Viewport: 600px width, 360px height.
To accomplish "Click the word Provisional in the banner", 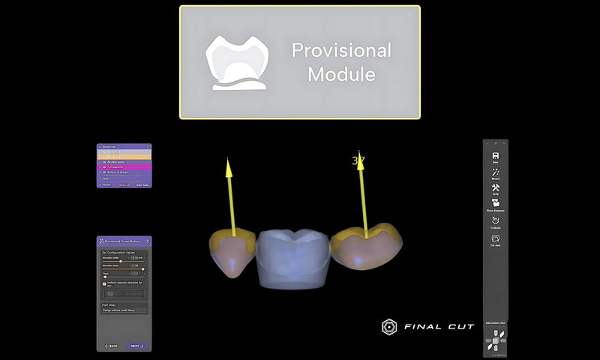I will (x=341, y=51).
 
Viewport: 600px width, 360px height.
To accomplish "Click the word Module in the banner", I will (x=341, y=75).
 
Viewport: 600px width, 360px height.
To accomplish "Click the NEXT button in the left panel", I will (x=136, y=346).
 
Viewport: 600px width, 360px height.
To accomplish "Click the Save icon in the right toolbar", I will (x=496, y=157).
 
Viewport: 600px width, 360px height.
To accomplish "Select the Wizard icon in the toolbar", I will (x=496, y=173).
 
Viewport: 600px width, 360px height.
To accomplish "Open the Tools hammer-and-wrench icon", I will (x=496, y=189).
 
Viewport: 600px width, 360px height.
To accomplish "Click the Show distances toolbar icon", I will (x=496, y=205).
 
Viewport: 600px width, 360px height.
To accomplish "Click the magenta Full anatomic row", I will (x=124, y=166).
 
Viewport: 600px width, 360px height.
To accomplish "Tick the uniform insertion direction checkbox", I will (x=104, y=283).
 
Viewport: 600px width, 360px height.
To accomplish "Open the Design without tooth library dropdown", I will (x=124, y=310).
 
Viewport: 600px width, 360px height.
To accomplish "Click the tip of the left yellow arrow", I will (x=228, y=160).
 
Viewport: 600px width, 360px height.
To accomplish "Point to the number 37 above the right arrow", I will (x=358, y=160).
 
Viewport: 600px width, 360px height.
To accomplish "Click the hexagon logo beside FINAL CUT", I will (x=389, y=327).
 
